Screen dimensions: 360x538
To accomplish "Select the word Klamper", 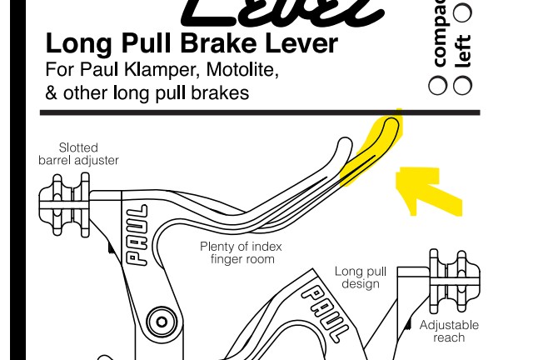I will point(147,70).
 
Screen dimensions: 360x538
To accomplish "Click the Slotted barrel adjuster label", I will point(78,154).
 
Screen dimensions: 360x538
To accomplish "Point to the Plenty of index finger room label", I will point(241,252).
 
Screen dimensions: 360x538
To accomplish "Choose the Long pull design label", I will point(360,277).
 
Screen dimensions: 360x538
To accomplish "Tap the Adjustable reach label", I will point(449,331).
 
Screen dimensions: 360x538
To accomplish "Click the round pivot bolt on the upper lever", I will point(158,321).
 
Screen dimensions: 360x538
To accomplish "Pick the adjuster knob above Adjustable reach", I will point(453,280).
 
